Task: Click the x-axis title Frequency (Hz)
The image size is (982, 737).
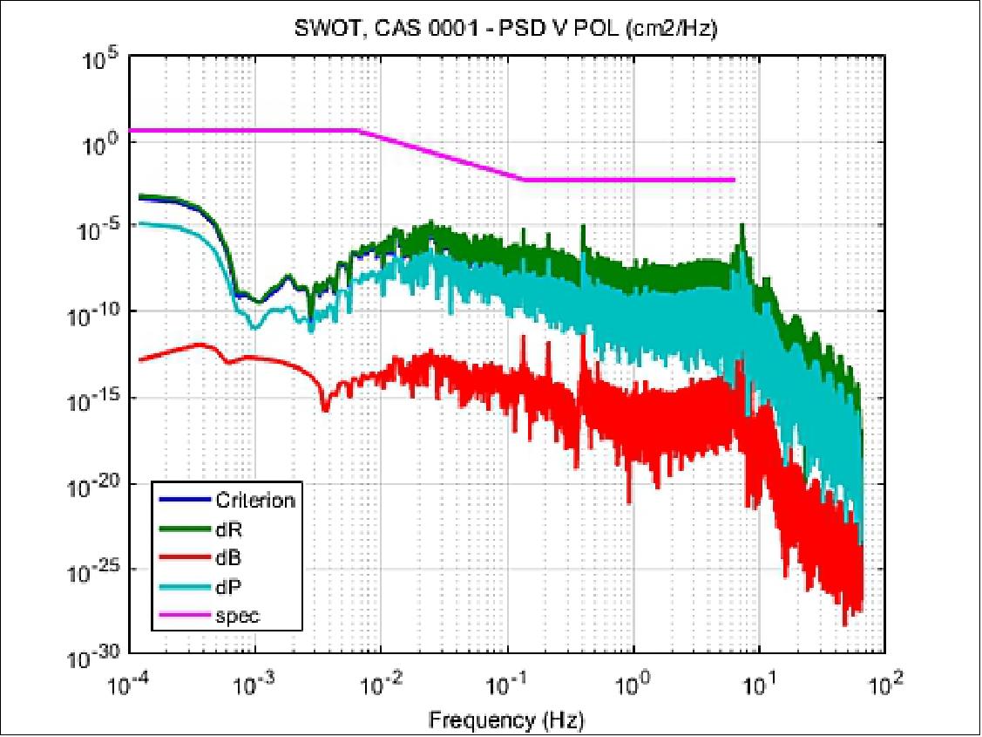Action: [506, 720]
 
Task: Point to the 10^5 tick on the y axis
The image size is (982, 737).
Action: [101, 60]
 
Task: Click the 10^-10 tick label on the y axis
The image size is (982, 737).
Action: [98, 315]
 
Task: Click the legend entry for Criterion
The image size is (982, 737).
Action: [253, 500]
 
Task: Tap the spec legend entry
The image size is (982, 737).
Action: [237, 615]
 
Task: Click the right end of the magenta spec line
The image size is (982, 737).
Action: [734, 180]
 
